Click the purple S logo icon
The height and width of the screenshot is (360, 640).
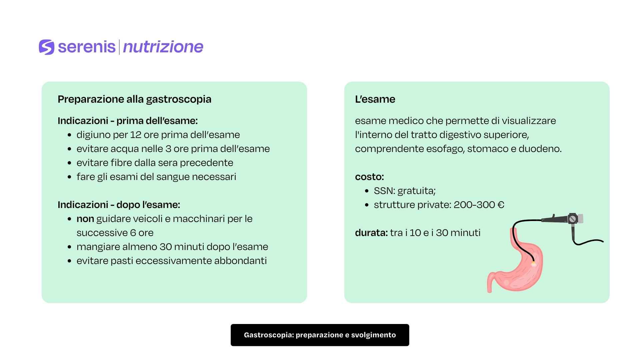pos(46,47)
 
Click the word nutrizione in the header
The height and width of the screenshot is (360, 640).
pos(163,47)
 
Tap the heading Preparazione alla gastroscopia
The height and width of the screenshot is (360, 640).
pos(134,99)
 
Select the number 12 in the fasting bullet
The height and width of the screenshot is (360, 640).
pos(136,135)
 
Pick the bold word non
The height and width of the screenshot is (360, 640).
pos(85,219)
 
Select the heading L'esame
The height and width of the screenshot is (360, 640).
pos(375,99)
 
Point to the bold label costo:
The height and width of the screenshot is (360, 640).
pos(369,177)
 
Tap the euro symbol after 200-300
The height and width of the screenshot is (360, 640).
pos(501,205)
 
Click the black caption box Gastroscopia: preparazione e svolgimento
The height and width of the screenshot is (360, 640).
pos(320,335)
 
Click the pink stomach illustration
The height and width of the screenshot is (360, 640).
pos(520,270)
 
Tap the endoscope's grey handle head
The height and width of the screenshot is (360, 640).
pos(575,219)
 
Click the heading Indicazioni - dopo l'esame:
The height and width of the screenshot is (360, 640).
pos(119,205)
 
